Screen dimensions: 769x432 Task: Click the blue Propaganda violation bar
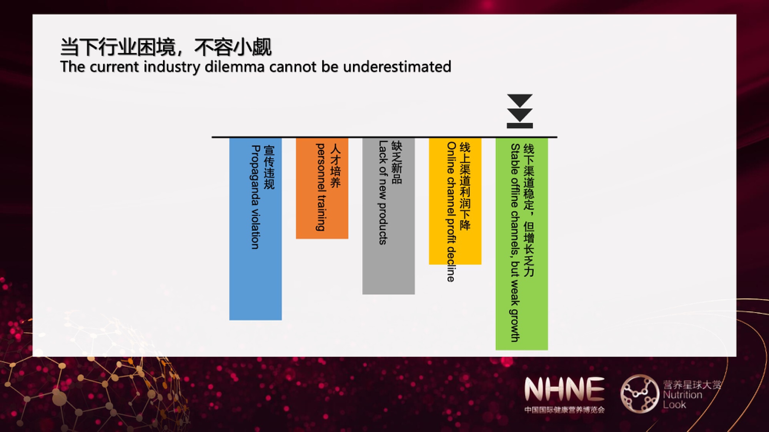coord(255,229)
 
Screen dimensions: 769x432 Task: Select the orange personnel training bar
coord(322,188)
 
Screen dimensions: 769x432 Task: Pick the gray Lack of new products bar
coord(388,216)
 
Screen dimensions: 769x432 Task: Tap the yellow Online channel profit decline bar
coord(455,201)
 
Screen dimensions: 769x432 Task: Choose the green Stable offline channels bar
coord(522,244)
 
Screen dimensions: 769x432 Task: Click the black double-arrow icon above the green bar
coord(520,111)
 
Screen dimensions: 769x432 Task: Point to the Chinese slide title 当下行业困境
coord(118,47)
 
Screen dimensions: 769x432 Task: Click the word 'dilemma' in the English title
coord(235,67)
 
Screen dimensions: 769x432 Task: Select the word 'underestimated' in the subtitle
coord(397,67)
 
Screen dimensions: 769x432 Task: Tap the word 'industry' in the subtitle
coord(172,67)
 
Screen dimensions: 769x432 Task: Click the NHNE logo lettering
coord(564,389)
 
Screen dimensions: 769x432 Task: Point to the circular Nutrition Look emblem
coord(640,394)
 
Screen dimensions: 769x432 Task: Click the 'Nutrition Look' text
coord(682,400)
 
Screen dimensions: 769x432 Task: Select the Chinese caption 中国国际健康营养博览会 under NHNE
coord(564,410)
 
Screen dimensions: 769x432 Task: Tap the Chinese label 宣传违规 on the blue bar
coord(269,167)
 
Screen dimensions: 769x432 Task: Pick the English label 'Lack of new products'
coord(383,192)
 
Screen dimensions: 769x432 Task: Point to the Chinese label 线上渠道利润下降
coord(465,186)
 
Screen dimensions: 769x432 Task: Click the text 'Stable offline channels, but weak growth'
coord(515,243)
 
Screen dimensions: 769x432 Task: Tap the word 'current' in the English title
coord(114,67)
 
